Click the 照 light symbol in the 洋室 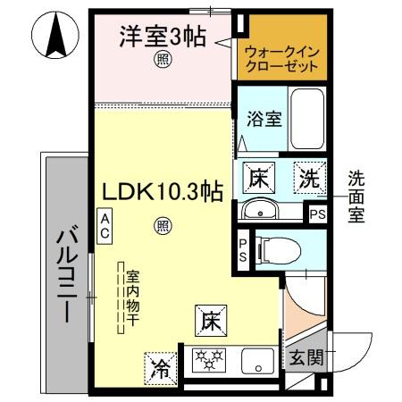click(x=163, y=60)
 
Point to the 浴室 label click(x=260, y=120)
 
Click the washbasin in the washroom click(x=262, y=213)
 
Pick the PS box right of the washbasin click(x=316, y=214)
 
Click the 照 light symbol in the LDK click(x=163, y=225)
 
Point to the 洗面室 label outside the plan click(x=356, y=197)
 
